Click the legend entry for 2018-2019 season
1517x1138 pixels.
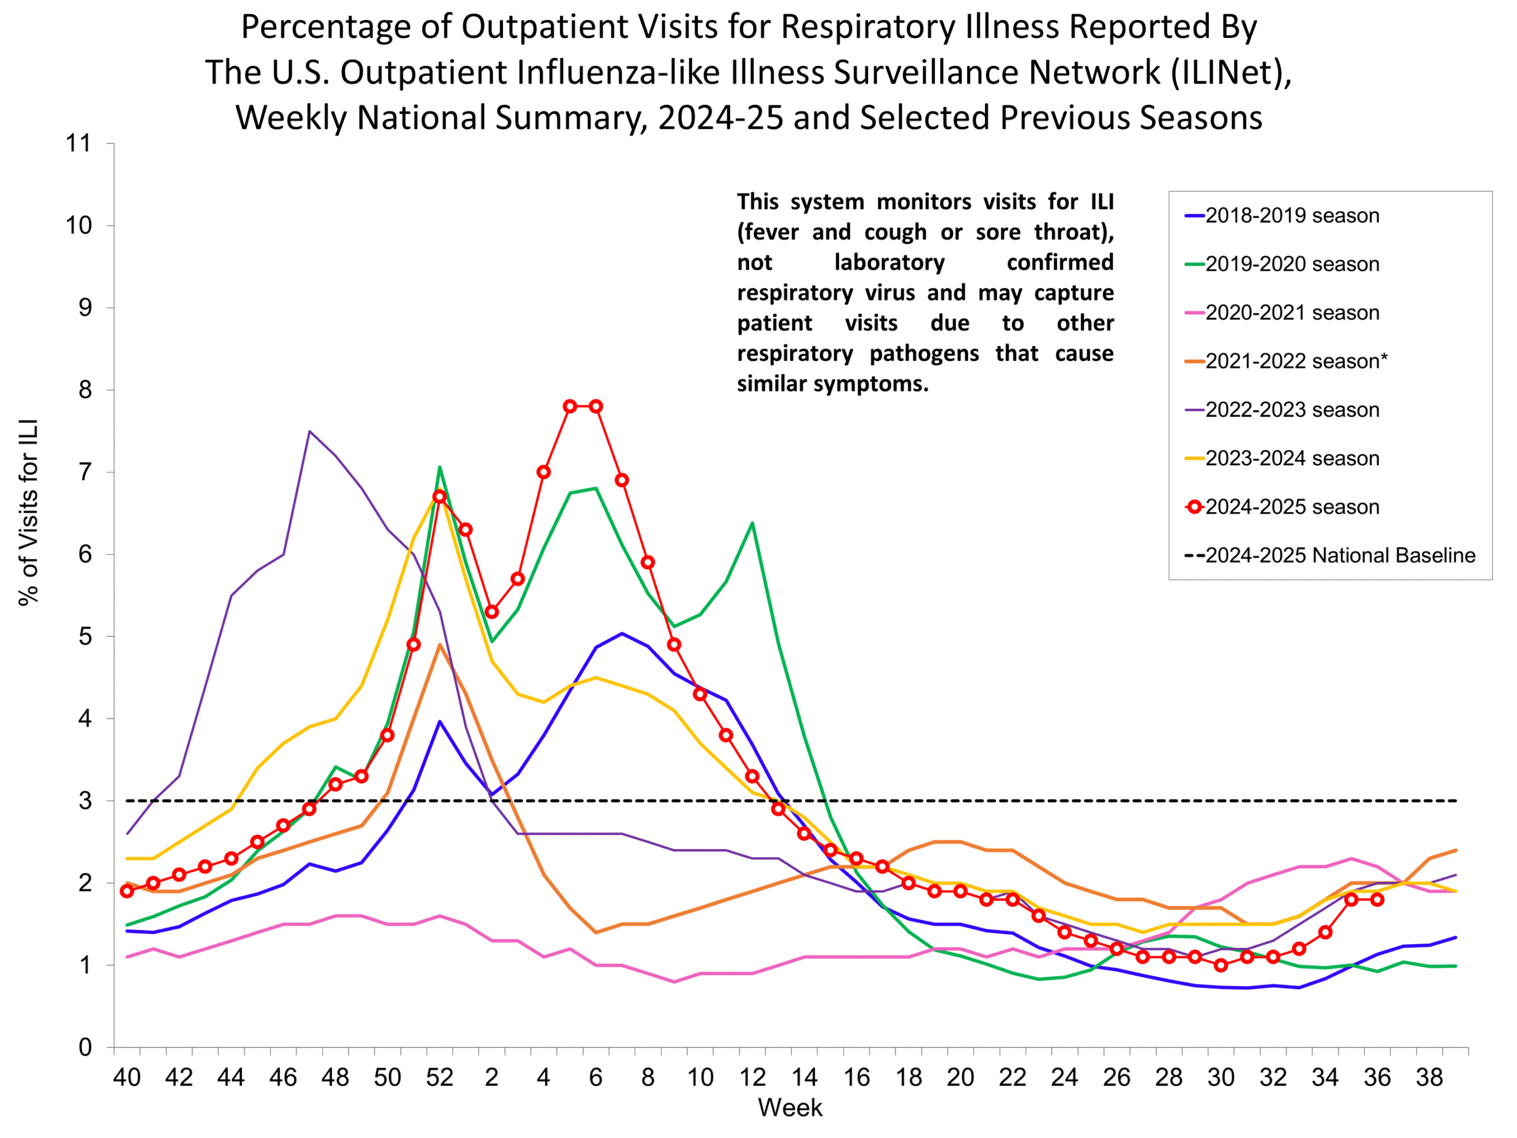click(x=1291, y=215)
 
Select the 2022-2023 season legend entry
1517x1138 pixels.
click(x=1291, y=410)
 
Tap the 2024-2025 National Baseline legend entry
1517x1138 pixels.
click(x=1339, y=555)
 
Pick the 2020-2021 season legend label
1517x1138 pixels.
click(x=1291, y=313)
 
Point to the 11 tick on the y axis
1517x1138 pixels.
click(x=79, y=143)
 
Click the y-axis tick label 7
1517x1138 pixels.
click(x=85, y=472)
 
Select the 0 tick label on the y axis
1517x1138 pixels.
click(x=85, y=1047)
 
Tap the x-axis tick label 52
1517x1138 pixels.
click(x=439, y=1078)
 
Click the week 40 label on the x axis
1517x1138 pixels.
click(x=126, y=1078)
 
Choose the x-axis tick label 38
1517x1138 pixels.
click(x=1429, y=1078)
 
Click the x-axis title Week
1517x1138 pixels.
click(x=789, y=1108)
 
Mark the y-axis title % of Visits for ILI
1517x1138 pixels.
click(x=29, y=513)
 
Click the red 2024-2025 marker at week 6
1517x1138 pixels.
click(x=596, y=406)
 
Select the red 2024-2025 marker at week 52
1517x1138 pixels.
click(x=439, y=497)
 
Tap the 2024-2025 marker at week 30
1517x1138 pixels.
click(x=1221, y=965)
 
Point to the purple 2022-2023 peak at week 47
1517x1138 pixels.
click(x=309, y=431)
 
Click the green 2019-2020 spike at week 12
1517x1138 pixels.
click(x=753, y=523)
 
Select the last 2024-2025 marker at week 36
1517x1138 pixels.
click(x=1377, y=899)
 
